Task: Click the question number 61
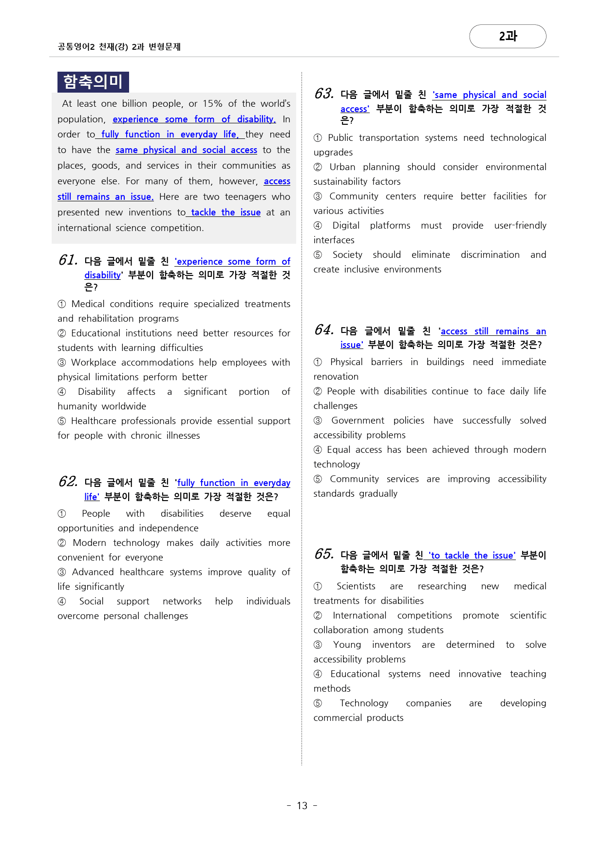pyautogui.click(x=68, y=260)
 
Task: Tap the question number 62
pyautogui.click(x=68, y=482)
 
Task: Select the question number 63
pyautogui.click(x=324, y=94)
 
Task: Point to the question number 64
pyautogui.click(x=324, y=330)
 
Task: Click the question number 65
pyautogui.click(x=324, y=554)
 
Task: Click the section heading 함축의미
pyautogui.click(x=93, y=82)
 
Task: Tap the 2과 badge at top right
pyautogui.click(x=508, y=37)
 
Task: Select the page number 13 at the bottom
pyautogui.click(x=302, y=806)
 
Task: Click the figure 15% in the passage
pyautogui.click(x=212, y=104)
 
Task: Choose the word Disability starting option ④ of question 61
pyautogui.click(x=96, y=392)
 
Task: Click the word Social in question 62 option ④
pyautogui.click(x=92, y=602)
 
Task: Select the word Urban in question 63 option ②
pyautogui.click(x=342, y=167)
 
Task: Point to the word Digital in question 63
pyautogui.click(x=346, y=226)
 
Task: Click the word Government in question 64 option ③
pyautogui.click(x=358, y=421)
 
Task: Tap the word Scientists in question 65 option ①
pyautogui.click(x=356, y=586)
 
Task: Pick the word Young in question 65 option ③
pyautogui.click(x=347, y=645)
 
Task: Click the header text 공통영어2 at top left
pyautogui.click(x=76, y=47)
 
